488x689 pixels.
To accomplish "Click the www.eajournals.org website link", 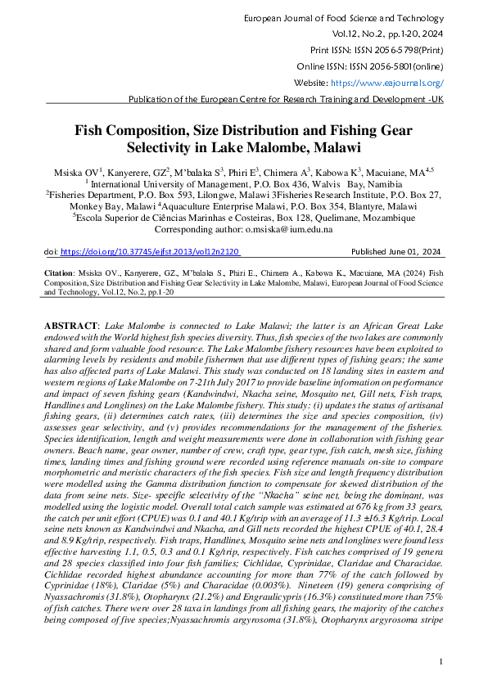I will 386,83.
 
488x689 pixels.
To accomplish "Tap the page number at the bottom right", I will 441,661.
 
